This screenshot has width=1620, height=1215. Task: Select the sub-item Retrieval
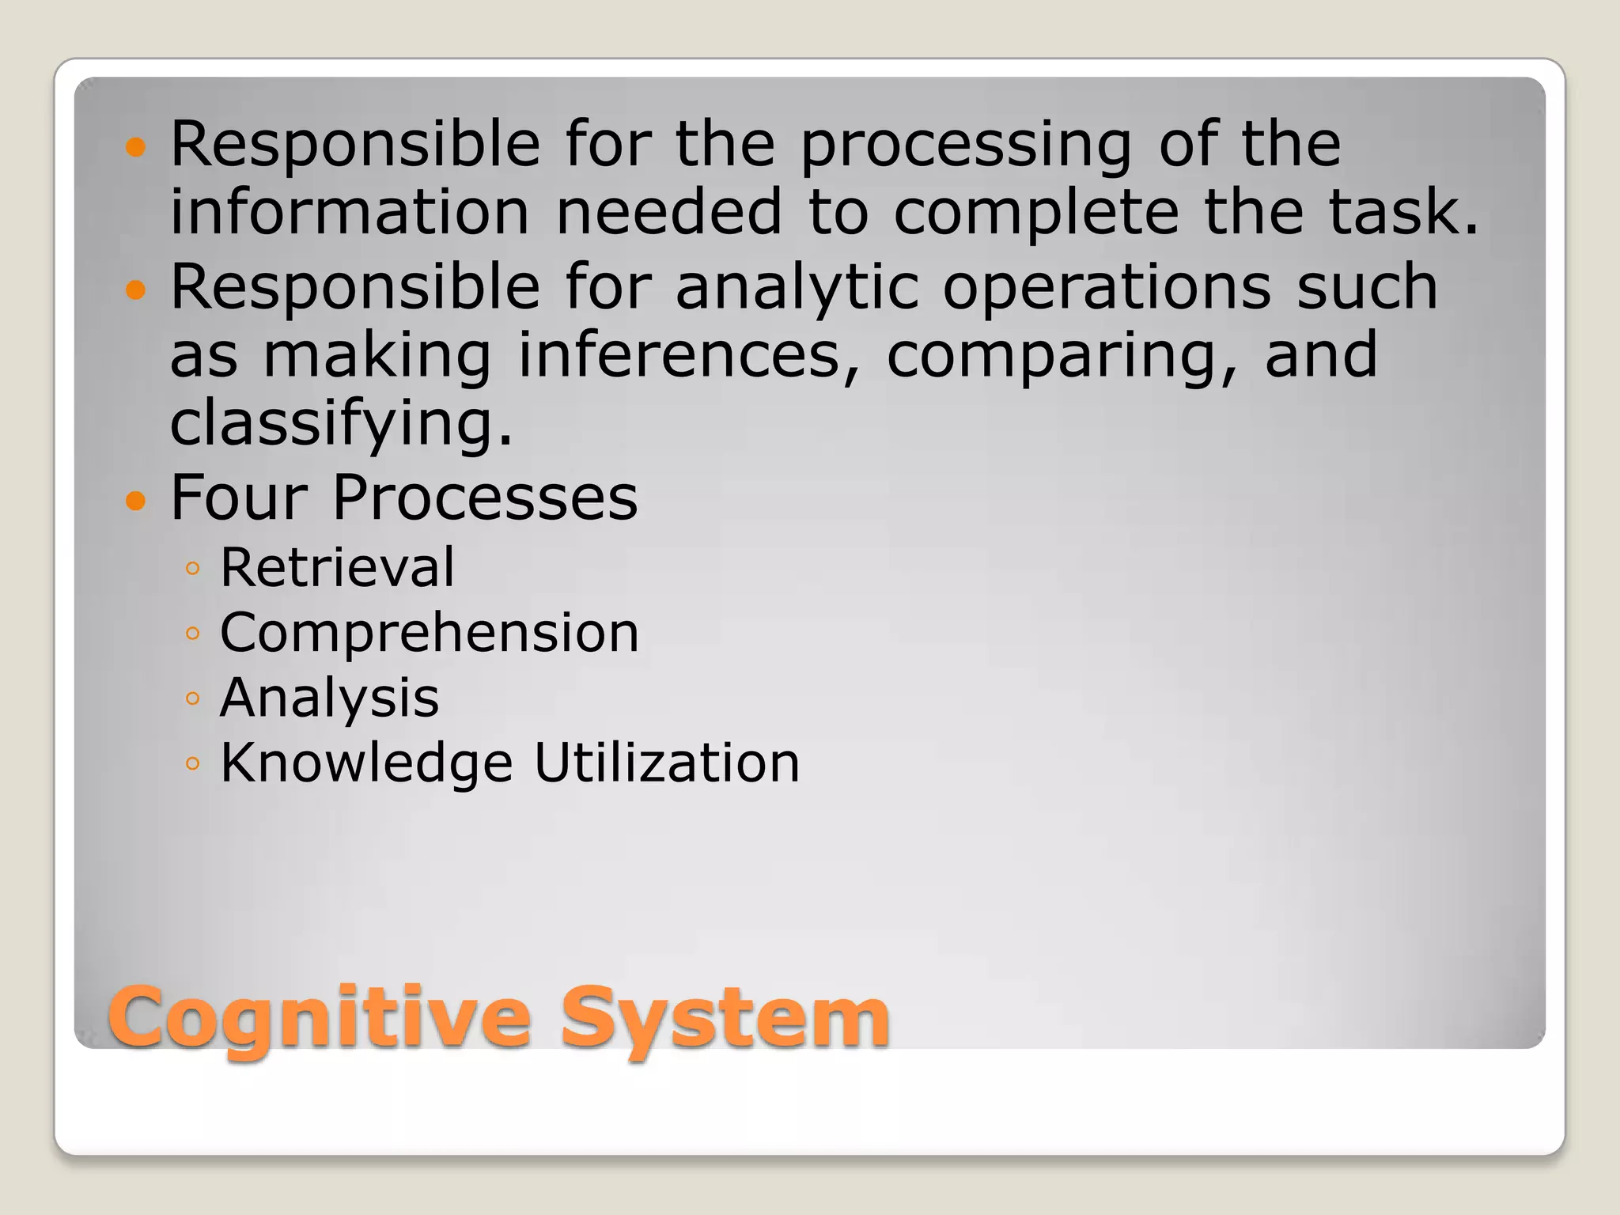(x=337, y=567)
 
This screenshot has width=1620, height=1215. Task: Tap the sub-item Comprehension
(x=429, y=633)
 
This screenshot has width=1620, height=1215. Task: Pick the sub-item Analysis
(x=329, y=698)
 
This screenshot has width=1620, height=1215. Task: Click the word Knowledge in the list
(x=366, y=763)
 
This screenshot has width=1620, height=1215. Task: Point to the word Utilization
(x=667, y=763)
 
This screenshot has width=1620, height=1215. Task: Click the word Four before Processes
(x=238, y=498)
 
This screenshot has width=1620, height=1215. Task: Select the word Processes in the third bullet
(x=484, y=498)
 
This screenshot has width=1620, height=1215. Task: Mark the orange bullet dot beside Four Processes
(x=136, y=501)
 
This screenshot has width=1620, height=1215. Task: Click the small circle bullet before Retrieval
(x=192, y=568)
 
